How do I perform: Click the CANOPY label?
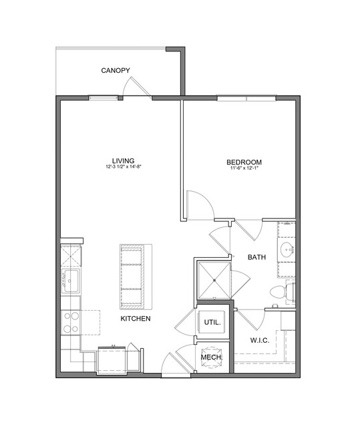click(x=116, y=71)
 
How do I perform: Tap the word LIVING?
click(x=124, y=160)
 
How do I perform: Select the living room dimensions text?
click(x=124, y=166)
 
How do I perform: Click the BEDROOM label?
click(x=244, y=162)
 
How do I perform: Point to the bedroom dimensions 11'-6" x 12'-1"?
click(x=244, y=168)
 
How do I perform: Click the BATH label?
click(x=256, y=257)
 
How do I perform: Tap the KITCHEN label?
click(x=136, y=318)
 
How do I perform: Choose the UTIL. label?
click(x=212, y=323)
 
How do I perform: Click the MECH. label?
click(x=212, y=358)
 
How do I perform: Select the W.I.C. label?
click(x=260, y=340)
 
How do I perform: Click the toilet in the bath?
click(x=283, y=292)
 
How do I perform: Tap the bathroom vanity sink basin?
click(x=287, y=249)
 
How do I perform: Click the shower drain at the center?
click(x=214, y=280)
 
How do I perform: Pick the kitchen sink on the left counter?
click(x=71, y=281)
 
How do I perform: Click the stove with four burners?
click(x=71, y=323)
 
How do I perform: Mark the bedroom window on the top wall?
click(x=246, y=98)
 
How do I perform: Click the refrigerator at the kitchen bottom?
click(x=112, y=360)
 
